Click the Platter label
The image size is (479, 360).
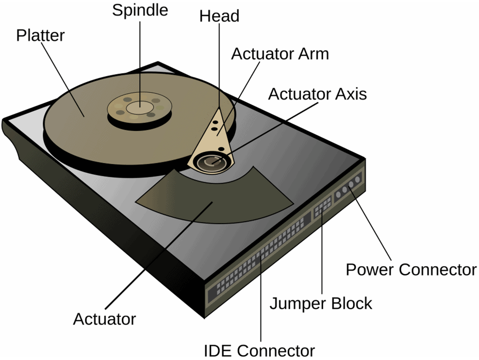tap(40, 35)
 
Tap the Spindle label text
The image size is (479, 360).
tap(140, 10)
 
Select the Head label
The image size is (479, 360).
tap(219, 16)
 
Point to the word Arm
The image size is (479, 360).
tap(314, 54)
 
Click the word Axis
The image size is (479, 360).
tap(351, 94)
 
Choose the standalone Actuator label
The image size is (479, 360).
tap(104, 319)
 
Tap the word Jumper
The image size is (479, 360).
tap(293, 304)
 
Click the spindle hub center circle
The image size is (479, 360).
tap(140, 107)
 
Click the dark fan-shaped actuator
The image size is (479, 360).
tap(214, 195)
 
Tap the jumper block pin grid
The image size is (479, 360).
tap(323, 206)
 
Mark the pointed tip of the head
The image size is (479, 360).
tap(219, 107)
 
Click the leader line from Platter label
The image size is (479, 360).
tap(62, 79)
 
